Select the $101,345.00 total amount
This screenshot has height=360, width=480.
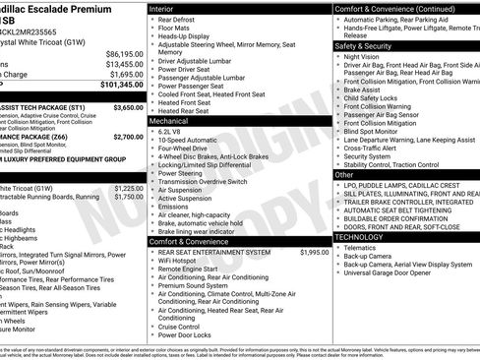click(121, 85)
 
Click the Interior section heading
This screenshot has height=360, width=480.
click(161, 8)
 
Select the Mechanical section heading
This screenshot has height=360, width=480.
click(170, 120)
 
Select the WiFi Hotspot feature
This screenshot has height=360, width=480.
click(181, 261)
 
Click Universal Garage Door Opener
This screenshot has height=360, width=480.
click(389, 273)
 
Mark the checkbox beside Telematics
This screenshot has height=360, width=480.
click(338, 248)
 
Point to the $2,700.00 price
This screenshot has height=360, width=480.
click(127, 137)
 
